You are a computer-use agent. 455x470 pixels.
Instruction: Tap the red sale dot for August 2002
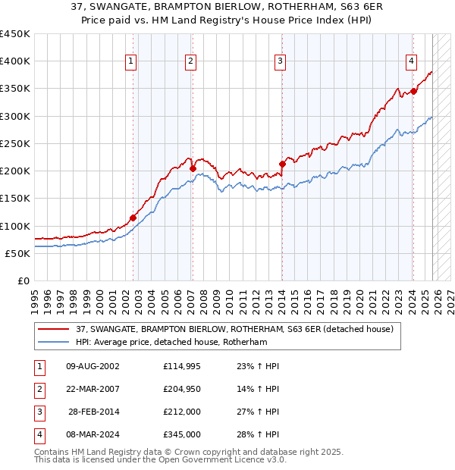point(133,218)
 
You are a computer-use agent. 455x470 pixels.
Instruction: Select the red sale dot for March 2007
point(193,168)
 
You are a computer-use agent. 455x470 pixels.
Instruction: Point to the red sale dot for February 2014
point(281,164)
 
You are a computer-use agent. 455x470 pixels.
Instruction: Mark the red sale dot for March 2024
point(413,91)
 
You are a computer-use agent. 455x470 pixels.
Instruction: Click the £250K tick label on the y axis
point(15,143)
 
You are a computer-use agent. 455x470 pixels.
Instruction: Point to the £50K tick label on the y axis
point(18,253)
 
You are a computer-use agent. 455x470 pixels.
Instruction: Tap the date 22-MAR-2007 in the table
point(93,389)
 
